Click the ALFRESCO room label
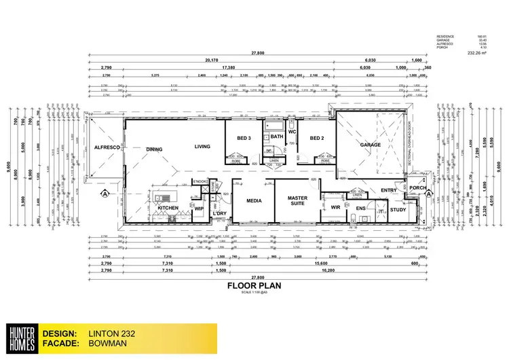[x=107, y=147]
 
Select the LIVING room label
[x=203, y=146]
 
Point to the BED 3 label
[x=244, y=139]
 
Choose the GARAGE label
[x=371, y=145]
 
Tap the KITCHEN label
[x=168, y=207]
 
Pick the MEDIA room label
[x=254, y=201]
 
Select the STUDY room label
[x=398, y=209]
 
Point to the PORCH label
[x=418, y=188]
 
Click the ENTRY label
[x=389, y=190]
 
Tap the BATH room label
[x=277, y=137]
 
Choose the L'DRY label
[x=219, y=214]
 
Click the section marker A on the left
[x=105, y=193]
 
